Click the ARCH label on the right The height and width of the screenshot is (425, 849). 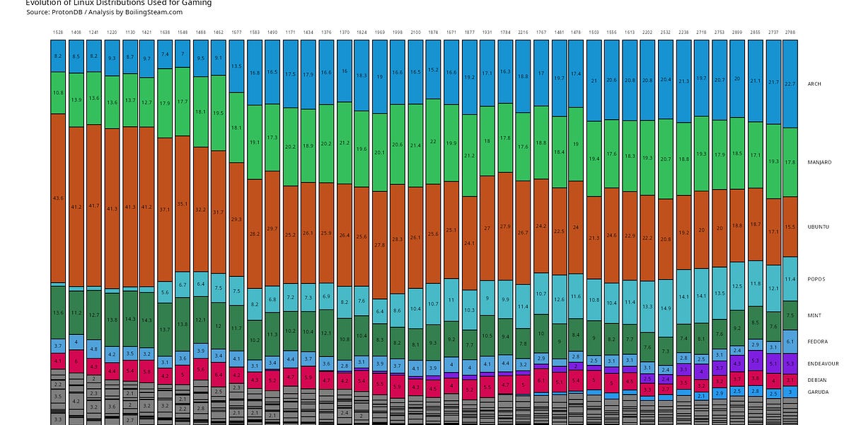pos(814,84)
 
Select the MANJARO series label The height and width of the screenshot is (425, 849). pos(819,162)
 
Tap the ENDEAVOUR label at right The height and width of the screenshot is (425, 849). pos(822,363)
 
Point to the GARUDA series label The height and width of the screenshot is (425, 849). pos(817,391)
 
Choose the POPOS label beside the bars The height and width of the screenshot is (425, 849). pos(816,279)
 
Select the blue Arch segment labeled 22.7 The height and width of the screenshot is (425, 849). pos(790,84)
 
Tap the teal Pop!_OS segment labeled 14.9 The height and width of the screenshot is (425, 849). pos(665,309)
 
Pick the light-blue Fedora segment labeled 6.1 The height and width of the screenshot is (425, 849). pos(790,341)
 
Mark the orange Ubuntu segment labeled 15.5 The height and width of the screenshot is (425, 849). pos(790,227)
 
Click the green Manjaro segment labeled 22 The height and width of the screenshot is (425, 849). pos(434,142)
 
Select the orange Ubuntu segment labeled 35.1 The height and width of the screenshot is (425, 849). pos(183,203)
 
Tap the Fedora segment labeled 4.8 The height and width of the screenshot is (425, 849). pos(94,349)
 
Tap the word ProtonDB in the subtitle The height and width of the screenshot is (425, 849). pos(66,12)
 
